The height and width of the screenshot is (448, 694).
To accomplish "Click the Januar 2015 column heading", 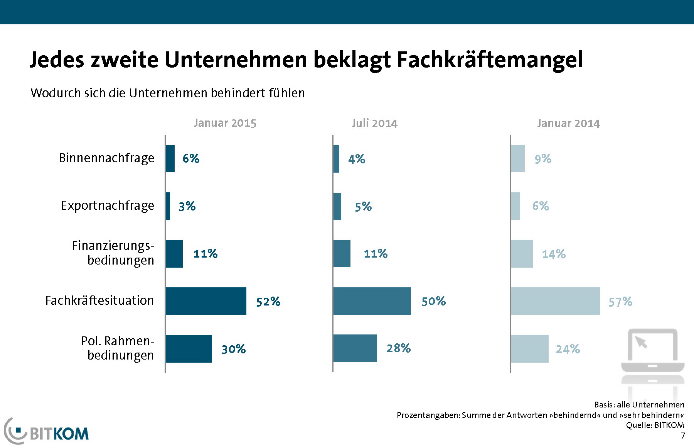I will tap(225, 123).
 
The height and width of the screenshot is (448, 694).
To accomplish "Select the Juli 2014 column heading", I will tap(374, 123).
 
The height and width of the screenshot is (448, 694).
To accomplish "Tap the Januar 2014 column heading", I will tap(568, 123).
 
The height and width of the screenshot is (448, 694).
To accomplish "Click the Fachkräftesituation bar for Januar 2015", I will tap(206, 301).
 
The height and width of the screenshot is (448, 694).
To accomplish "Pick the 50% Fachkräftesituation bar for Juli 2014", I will tap(372, 301).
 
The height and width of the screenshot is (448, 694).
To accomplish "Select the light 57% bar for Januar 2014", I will tap(556, 301).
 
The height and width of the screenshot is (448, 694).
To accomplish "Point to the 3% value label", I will tap(187, 206).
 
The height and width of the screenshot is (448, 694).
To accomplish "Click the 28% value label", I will tap(399, 348).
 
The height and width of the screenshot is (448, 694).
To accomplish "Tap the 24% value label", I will tap(568, 349).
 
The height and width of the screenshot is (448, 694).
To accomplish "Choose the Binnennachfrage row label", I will tap(106, 158).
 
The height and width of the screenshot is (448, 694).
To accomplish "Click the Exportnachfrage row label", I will tap(108, 206).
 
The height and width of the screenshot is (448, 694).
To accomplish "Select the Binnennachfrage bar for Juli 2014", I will tap(336, 159).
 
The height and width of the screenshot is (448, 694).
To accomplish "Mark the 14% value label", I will tap(554, 254).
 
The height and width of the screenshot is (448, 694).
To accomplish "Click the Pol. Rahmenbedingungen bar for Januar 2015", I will tap(189, 349).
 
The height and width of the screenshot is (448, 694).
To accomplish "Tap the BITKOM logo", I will tap(46, 432).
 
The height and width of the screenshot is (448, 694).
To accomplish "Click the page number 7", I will tap(683, 436).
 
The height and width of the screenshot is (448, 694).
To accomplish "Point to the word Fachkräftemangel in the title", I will tap(490, 60).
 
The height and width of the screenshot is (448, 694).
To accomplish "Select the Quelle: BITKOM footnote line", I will tap(655, 425).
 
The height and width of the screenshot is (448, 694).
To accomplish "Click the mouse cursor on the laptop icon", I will tap(641, 342).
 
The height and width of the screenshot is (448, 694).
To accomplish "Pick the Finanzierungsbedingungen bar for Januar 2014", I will tap(522, 254).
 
